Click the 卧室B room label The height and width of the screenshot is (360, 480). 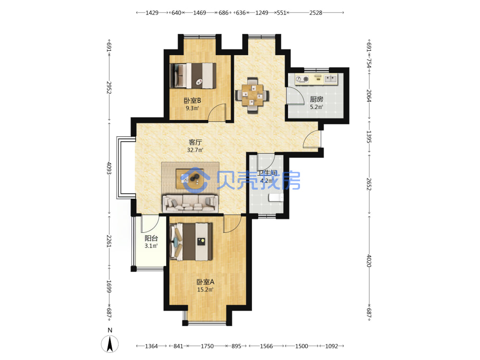(192, 100)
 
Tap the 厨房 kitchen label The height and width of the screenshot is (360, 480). (316, 99)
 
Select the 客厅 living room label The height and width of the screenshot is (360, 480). (195, 143)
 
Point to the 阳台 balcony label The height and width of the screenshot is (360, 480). (151, 238)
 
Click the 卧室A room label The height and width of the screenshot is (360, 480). (205, 282)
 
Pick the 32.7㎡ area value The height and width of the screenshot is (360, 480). (195, 150)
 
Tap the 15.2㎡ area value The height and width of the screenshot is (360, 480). (205, 289)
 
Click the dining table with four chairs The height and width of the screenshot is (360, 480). (252, 95)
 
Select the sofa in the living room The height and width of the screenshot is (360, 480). (190, 203)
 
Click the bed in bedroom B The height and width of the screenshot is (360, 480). (193, 76)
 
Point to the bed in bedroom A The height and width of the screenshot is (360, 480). (191, 242)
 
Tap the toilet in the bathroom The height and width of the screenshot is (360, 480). (276, 197)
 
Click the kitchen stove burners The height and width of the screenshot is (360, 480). (302, 79)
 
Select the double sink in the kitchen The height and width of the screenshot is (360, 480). (330, 79)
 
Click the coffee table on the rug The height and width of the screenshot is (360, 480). (190, 179)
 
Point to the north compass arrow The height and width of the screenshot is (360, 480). (110, 344)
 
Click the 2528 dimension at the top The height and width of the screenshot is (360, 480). (316, 13)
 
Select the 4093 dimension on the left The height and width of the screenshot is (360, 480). (109, 168)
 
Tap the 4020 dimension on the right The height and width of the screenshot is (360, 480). (369, 261)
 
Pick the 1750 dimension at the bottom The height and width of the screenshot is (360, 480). (207, 346)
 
